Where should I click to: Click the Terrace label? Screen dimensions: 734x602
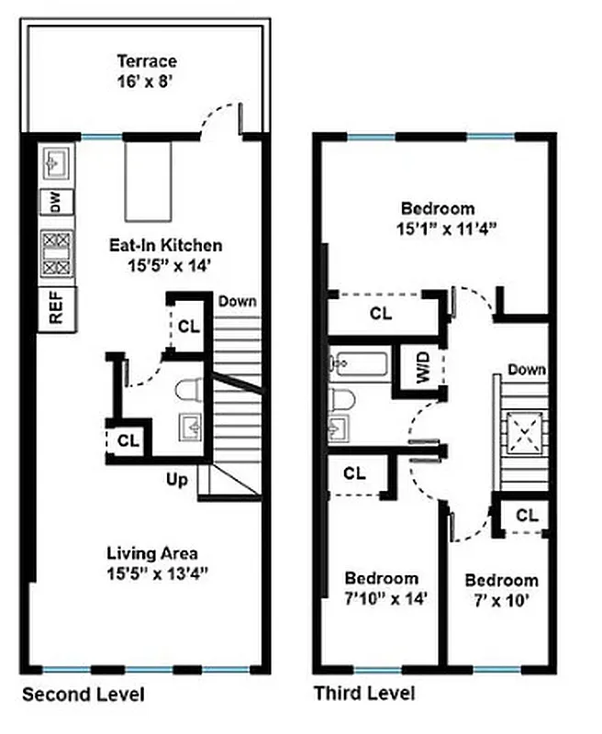tap(146, 61)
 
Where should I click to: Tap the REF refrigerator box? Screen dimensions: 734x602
tap(56, 308)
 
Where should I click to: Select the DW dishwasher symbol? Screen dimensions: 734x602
tap(55, 204)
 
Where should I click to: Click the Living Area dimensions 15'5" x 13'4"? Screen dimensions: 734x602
tap(152, 573)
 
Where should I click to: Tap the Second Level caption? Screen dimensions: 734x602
tap(83, 694)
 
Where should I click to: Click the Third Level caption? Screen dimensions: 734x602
tap(364, 694)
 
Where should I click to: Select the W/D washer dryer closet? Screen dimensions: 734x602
tap(423, 368)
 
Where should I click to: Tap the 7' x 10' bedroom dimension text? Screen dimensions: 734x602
tap(501, 600)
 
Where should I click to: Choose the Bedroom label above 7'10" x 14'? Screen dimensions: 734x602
tap(381, 578)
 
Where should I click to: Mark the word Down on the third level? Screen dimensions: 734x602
tap(526, 370)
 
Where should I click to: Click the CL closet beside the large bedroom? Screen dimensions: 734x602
tap(380, 313)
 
